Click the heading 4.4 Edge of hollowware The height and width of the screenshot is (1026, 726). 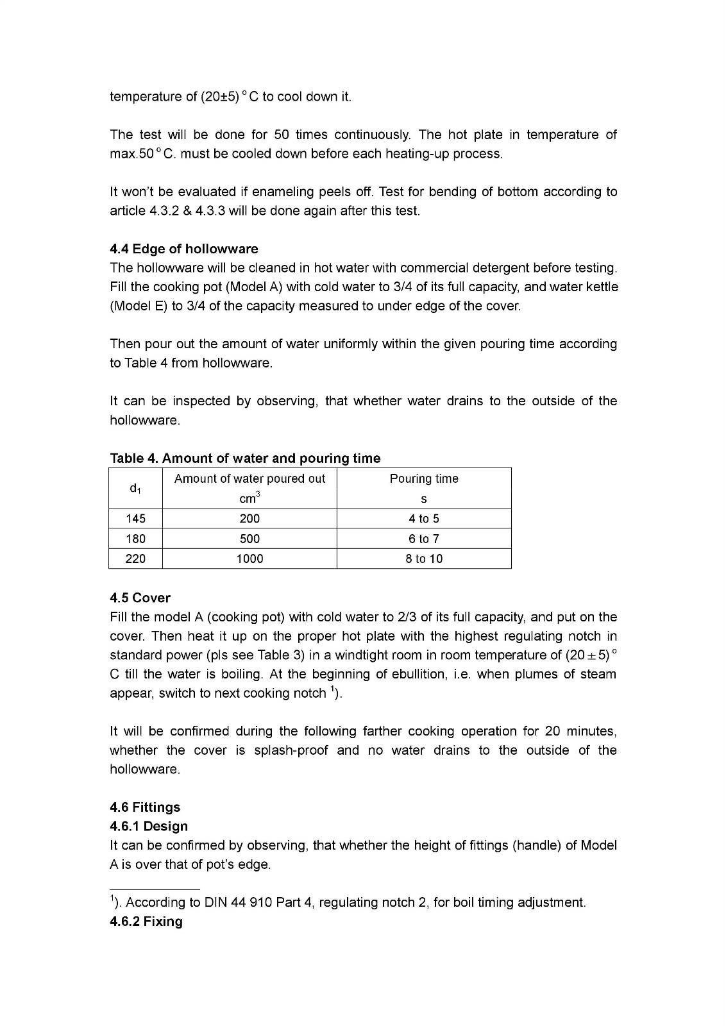[x=184, y=249]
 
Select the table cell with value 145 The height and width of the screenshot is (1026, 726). [x=135, y=519]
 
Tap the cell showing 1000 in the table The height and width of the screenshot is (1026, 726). [x=249, y=559]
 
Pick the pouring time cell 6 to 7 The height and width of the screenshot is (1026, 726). [x=424, y=539]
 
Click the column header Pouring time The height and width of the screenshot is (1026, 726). [x=424, y=479]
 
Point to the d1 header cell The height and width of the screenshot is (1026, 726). [x=135, y=489]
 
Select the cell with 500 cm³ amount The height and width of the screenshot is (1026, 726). [x=249, y=539]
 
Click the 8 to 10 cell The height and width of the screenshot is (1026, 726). [x=424, y=559]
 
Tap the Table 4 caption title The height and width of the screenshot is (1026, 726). [x=245, y=458]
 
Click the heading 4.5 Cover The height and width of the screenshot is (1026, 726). [x=140, y=598]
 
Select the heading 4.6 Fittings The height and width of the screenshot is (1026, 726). [x=145, y=807]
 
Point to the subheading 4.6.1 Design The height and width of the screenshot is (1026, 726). [x=149, y=826]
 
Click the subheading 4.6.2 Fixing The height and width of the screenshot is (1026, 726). [x=146, y=921]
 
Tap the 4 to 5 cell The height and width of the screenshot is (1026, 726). [x=424, y=519]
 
